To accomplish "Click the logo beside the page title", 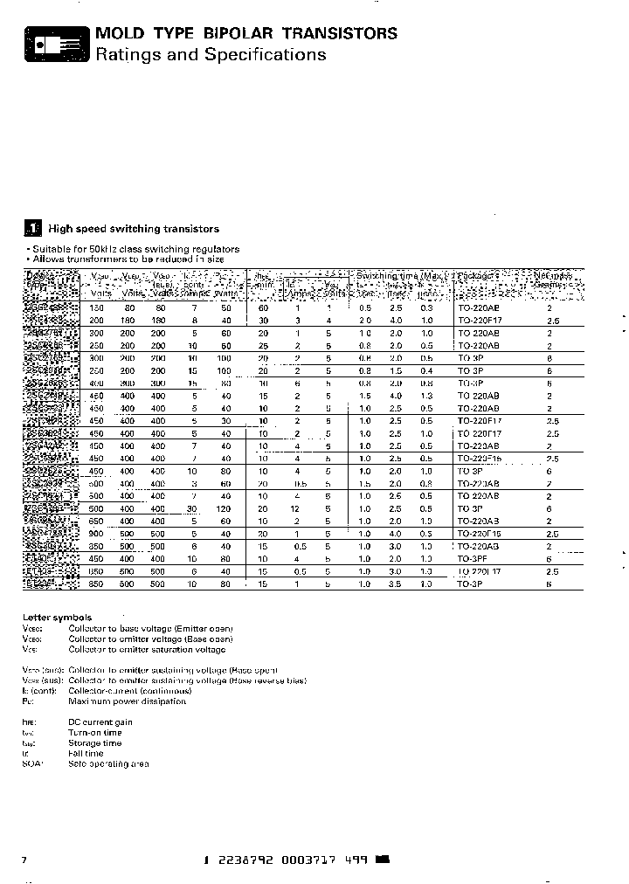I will (56, 43).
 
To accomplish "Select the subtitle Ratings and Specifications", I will (210, 55).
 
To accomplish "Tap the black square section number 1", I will (32, 229).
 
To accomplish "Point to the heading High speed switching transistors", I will (134, 229).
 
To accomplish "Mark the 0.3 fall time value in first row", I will (426, 308).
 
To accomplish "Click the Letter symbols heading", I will (57, 618).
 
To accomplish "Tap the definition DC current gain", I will (100, 722).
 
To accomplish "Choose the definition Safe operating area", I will (108, 763).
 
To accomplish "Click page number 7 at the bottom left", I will (24, 860).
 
